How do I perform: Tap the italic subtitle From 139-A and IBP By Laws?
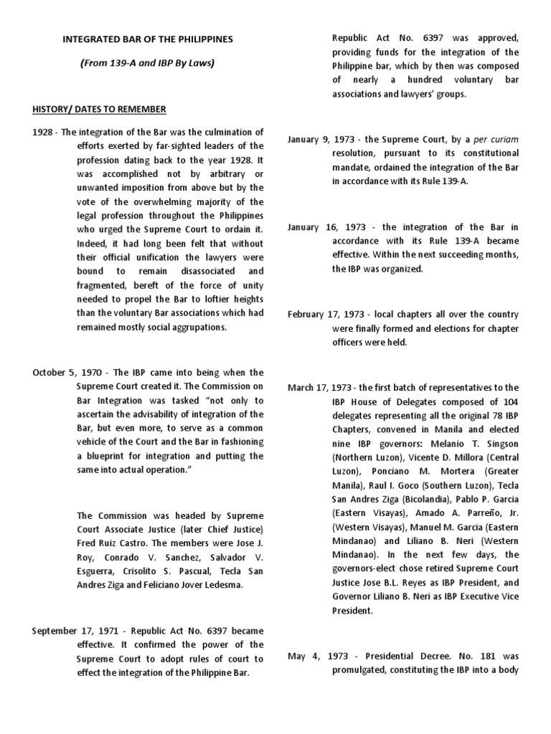point(147,62)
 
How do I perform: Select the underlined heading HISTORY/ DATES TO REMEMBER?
point(99,109)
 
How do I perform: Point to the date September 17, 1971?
point(76,631)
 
